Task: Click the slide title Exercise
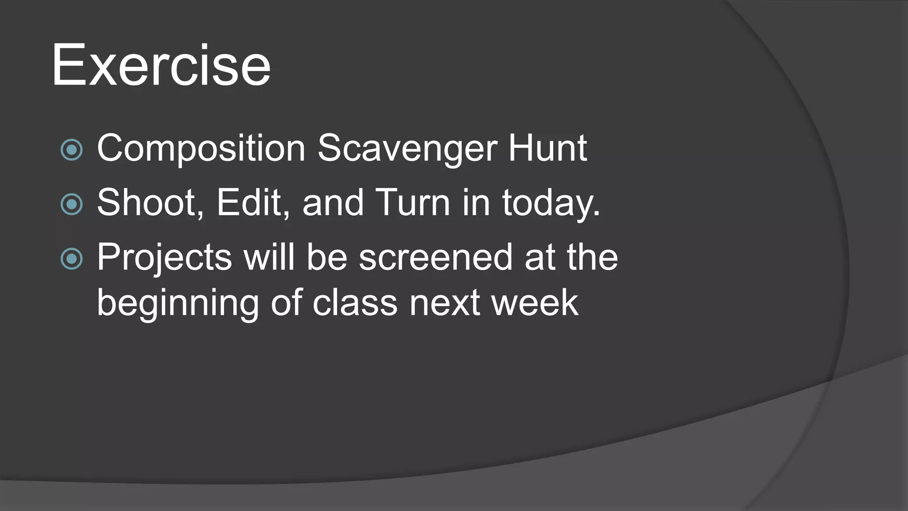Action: point(160,65)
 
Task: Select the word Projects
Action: point(164,258)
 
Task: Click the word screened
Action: point(435,257)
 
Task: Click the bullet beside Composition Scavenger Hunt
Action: point(71,149)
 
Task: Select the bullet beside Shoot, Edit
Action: point(71,204)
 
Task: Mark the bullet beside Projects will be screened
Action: point(71,259)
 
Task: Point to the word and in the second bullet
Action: point(333,203)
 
